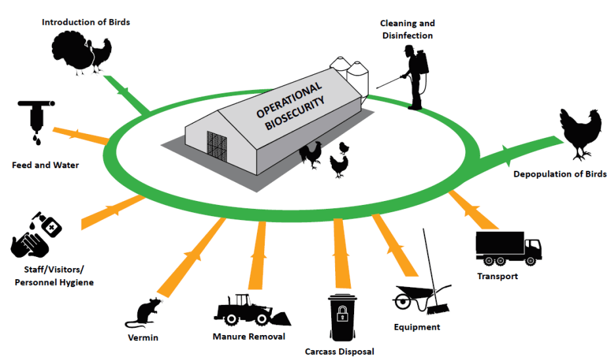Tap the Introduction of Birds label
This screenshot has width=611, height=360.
pyautogui.click(x=86, y=22)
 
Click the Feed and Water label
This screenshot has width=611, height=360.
pyautogui.click(x=45, y=165)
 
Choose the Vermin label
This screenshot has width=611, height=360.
pyautogui.click(x=143, y=338)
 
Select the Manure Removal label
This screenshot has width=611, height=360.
pyautogui.click(x=249, y=337)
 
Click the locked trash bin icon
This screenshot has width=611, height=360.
pyautogui.click(x=342, y=318)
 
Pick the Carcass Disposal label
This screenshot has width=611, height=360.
pyautogui.click(x=339, y=351)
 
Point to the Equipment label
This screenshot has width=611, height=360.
pyautogui.click(x=417, y=326)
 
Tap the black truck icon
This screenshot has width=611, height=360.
pyautogui.click(x=509, y=248)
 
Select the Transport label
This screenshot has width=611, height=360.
pyautogui.click(x=497, y=276)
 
